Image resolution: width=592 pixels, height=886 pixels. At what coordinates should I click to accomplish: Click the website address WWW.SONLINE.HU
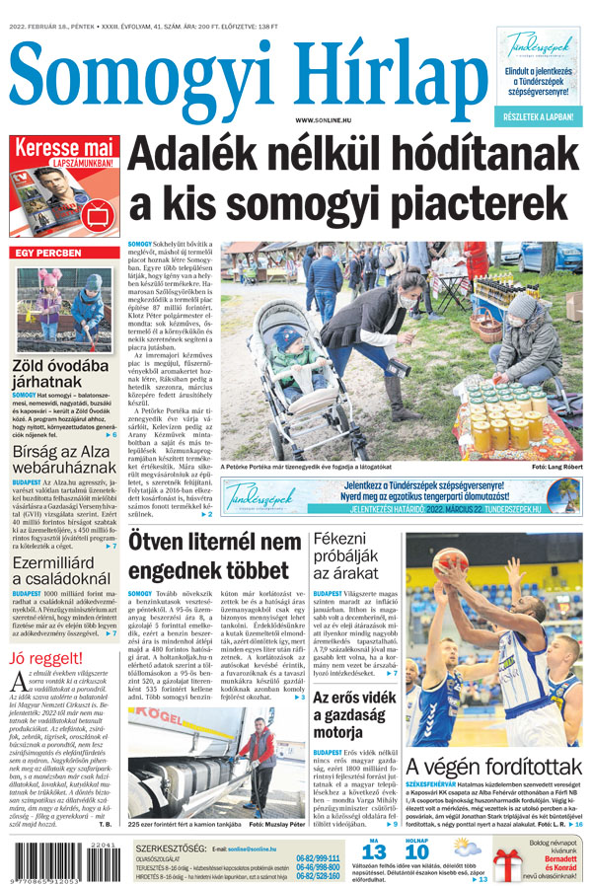329,119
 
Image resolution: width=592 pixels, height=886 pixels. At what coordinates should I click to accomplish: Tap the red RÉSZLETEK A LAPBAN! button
540,116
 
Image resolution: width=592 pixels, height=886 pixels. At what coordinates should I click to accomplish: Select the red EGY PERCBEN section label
54,253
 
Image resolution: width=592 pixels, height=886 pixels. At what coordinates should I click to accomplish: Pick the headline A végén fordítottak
493,766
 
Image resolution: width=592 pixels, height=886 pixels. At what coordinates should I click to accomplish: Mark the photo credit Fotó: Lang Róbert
556,466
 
